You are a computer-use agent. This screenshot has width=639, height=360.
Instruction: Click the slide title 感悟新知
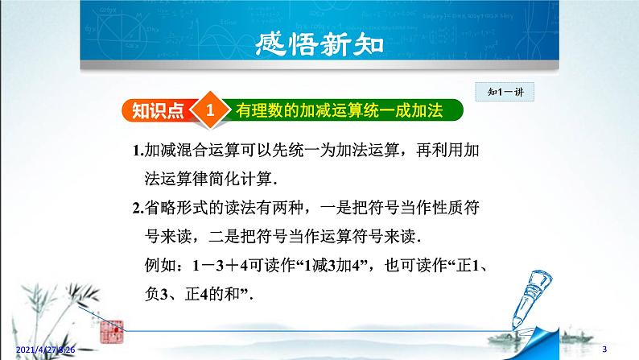tap(319, 44)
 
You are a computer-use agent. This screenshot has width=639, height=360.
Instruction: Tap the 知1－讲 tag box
tap(505, 92)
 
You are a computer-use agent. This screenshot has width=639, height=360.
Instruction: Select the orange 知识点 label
tap(158, 110)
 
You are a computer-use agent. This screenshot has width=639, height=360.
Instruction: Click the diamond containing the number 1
tap(210, 110)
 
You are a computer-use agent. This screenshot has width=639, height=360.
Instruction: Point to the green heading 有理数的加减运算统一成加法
tap(339, 110)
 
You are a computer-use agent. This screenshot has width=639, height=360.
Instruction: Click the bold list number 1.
tap(138, 151)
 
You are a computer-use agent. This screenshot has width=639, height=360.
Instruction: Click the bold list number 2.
tap(138, 209)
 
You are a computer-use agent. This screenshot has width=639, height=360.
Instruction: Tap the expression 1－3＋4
tap(220, 266)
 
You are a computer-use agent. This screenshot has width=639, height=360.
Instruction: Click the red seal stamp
tap(111, 332)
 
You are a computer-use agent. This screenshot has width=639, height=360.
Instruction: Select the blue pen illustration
tap(530, 300)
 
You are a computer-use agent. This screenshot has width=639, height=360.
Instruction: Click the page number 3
tap(604, 350)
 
